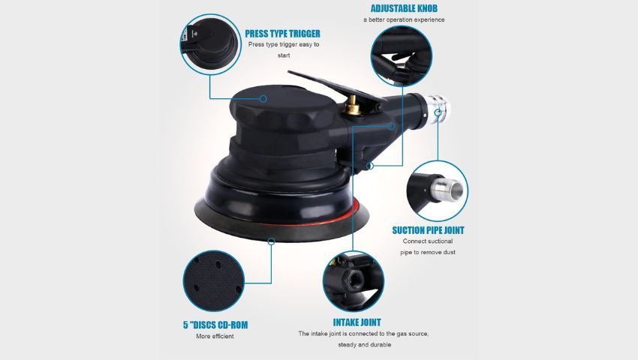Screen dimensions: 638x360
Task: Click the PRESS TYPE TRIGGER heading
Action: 282,34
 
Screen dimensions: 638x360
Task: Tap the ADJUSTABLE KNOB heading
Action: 404,8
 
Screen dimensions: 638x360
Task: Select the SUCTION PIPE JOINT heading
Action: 428,230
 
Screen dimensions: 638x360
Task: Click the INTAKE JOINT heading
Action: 357,322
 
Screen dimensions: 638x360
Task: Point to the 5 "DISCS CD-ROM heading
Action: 215,325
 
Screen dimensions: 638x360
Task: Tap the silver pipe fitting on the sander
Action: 438,108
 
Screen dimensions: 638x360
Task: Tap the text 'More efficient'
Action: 215,337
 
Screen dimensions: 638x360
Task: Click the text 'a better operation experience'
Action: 404,19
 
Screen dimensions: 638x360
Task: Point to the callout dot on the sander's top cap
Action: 263,98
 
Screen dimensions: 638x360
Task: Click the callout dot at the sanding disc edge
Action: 272,241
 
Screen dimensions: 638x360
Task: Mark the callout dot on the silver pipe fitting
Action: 438,112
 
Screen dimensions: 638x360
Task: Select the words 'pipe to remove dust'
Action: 428,252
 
